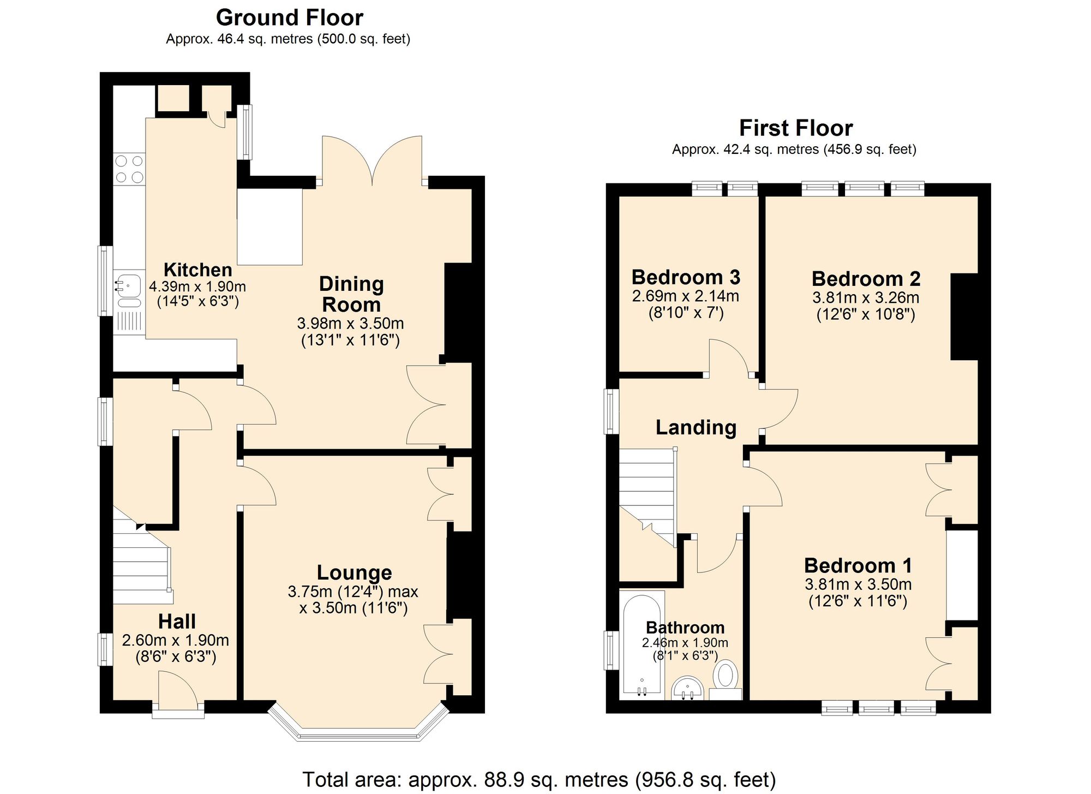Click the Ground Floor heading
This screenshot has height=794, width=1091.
click(289, 18)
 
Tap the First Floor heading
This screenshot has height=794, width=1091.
click(795, 128)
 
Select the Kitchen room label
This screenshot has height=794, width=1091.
click(197, 270)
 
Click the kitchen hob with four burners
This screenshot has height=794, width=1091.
click(129, 169)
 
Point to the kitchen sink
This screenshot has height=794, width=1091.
click(129, 285)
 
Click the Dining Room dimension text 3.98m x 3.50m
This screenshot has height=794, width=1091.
click(350, 323)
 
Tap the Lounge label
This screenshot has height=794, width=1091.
click(355, 572)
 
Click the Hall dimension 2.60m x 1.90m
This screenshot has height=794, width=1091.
click(176, 640)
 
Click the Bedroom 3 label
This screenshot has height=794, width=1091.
click(686, 277)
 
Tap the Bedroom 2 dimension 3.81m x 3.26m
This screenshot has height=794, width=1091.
click(866, 298)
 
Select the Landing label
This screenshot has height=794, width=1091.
click(696, 427)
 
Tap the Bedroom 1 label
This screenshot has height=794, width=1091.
click(858, 565)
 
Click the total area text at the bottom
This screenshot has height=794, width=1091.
click(538, 780)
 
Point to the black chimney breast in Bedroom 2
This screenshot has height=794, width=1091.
click(964, 317)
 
